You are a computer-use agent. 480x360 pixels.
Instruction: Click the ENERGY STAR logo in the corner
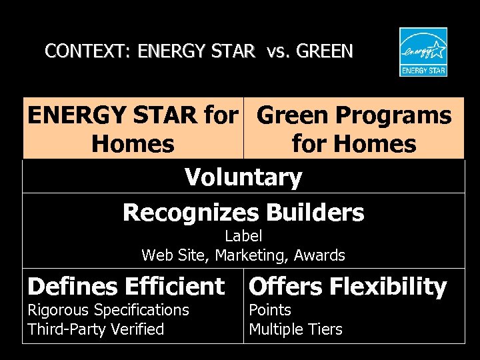coord(423,52)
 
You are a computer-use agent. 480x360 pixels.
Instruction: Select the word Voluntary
coord(243,177)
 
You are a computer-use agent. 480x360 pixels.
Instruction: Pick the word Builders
coord(315,213)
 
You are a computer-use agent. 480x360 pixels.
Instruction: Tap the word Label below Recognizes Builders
coord(243,236)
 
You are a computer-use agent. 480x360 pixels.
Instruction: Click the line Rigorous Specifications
coord(108,310)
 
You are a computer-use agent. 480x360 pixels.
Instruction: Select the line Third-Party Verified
coord(95,329)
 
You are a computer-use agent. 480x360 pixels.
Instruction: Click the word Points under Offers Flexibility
coord(270,310)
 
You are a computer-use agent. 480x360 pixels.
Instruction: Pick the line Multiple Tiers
coord(295,329)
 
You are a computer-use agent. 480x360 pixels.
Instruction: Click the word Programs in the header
coord(393,116)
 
